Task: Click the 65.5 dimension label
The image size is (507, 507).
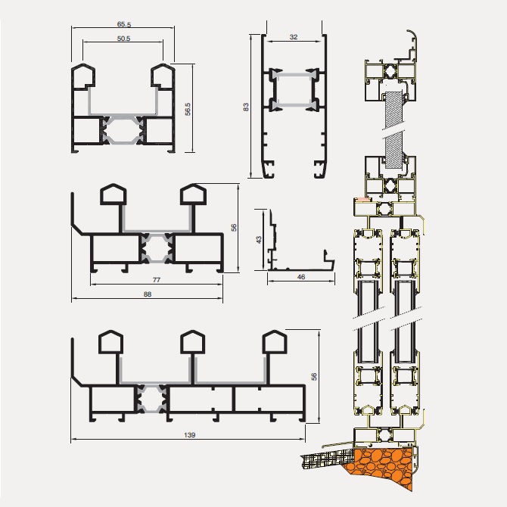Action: [x=124, y=24]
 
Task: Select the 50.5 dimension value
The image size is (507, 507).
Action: [x=123, y=39]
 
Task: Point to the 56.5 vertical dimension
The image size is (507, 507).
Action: [x=188, y=109]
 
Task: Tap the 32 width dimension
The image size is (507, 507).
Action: [x=294, y=37]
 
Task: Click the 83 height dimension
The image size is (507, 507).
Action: [x=246, y=107]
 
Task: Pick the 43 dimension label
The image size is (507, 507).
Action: [x=259, y=240]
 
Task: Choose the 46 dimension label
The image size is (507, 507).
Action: [x=301, y=277]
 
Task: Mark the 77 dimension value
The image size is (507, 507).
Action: [x=157, y=280]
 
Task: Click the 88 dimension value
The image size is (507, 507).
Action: [x=148, y=294]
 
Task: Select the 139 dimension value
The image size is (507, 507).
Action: [x=189, y=435]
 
